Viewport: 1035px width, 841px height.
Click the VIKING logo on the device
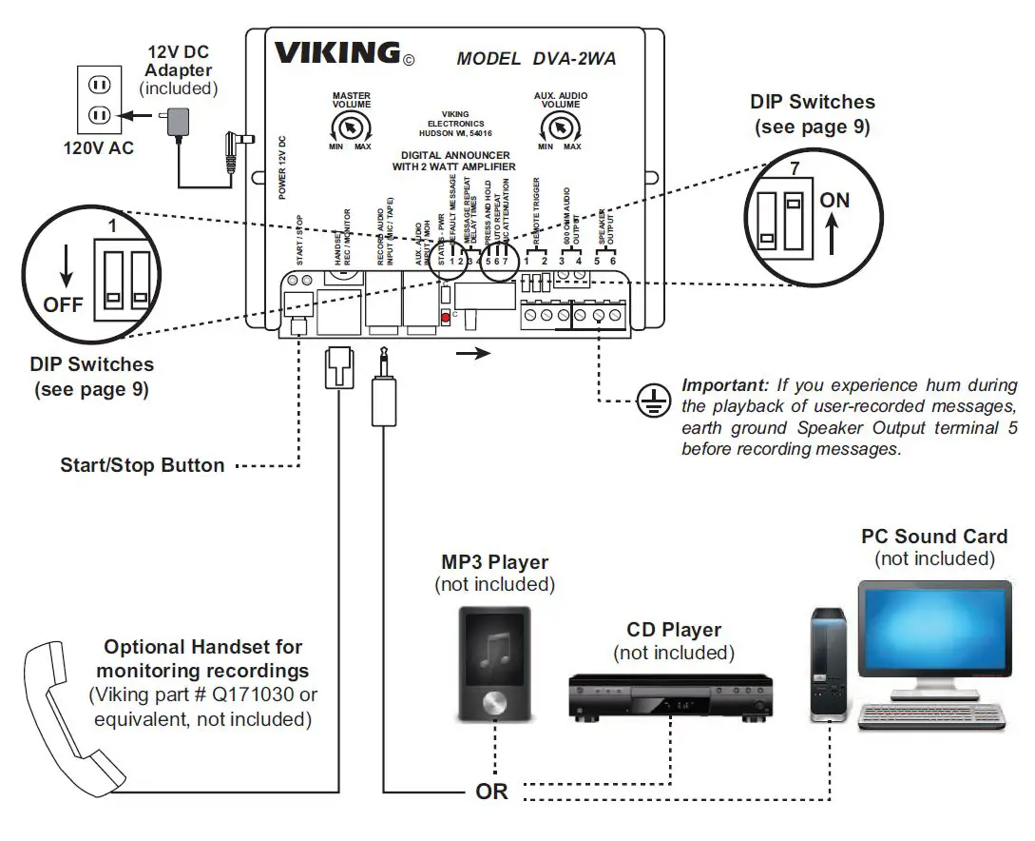(x=336, y=53)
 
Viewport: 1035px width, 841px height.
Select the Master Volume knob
(x=351, y=127)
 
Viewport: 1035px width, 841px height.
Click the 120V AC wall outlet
(x=99, y=100)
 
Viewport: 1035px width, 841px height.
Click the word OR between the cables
(x=492, y=792)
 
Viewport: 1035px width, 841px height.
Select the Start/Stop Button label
(x=143, y=466)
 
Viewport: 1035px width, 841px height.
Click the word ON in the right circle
(x=834, y=202)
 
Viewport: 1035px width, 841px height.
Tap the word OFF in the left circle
(x=64, y=306)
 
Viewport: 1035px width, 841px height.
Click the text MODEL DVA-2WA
(x=536, y=59)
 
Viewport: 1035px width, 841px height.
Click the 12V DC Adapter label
(x=179, y=61)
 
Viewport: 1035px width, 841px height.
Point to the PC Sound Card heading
(x=934, y=537)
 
